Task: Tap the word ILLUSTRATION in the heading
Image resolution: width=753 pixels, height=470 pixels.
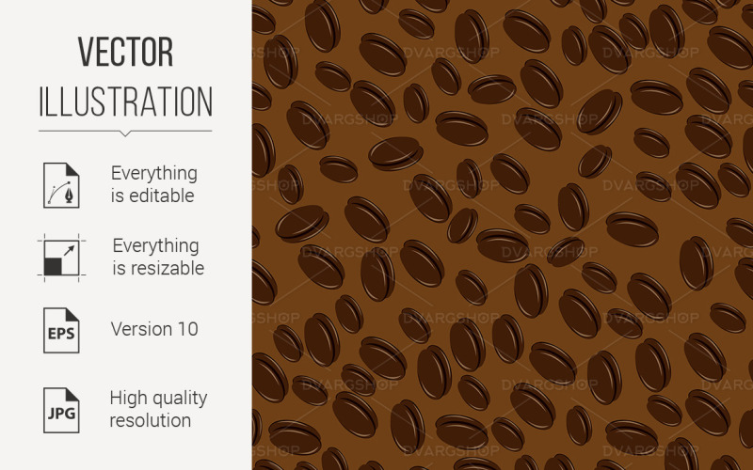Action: click(125, 101)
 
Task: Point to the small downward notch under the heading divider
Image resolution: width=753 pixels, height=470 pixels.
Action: click(125, 133)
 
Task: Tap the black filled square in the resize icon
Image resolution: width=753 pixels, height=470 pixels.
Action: click(53, 266)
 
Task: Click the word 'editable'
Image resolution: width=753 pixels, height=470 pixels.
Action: click(162, 196)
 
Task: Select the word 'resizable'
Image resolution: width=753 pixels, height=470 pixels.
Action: click(168, 268)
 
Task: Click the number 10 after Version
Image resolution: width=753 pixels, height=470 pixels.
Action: click(187, 329)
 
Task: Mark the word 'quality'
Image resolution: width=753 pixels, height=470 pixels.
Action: click(183, 398)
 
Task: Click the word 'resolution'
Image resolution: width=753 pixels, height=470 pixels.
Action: click(151, 419)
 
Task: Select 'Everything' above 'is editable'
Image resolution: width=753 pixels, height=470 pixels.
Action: click(154, 173)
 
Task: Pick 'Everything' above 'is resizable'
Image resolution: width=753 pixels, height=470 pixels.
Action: click(155, 245)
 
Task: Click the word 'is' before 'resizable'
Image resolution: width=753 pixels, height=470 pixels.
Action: click(120, 268)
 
